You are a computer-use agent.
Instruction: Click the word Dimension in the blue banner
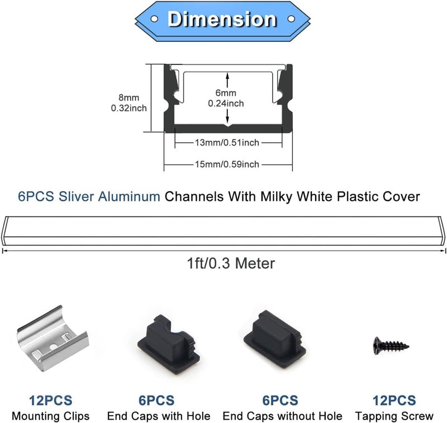pyautogui.click(x=222, y=19)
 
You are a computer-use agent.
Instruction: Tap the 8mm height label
pyautogui.click(x=129, y=97)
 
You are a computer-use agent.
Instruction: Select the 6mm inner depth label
pyautogui.click(x=226, y=93)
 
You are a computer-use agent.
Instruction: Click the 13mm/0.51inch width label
pyautogui.click(x=227, y=143)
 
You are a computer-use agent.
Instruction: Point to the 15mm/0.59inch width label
pyautogui.click(x=227, y=164)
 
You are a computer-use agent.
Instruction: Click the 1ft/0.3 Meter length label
pyautogui.click(x=231, y=263)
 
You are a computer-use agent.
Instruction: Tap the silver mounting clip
pyautogui.click(x=53, y=338)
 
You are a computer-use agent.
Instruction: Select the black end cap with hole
pyautogui.click(x=169, y=342)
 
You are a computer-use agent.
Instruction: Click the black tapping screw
pyautogui.click(x=391, y=346)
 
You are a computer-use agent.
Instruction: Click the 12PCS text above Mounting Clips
pyautogui.click(x=51, y=400)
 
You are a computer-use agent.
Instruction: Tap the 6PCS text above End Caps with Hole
pyautogui.click(x=156, y=400)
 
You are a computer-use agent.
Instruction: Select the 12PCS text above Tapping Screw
pyautogui.click(x=394, y=400)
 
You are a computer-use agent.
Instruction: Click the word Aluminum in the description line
pyautogui.click(x=129, y=196)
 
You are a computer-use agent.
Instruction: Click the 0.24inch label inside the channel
pyautogui.click(x=226, y=104)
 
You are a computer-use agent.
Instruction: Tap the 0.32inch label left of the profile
pyautogui.click(x=129, y=108)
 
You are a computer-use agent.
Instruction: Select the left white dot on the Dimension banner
pyautogui.click(x=154, y=19)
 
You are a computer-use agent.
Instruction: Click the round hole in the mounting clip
pyautogui.click(x=53, y=347)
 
